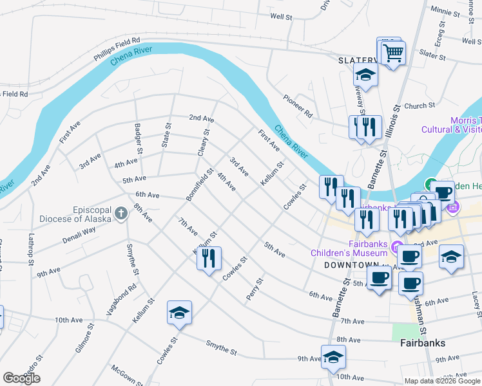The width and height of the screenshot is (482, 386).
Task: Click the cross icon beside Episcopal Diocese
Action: [x=120, y=213]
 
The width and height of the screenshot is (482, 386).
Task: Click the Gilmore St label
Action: [x=84, y=338]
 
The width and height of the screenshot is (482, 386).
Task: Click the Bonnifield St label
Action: [x=201, y=183]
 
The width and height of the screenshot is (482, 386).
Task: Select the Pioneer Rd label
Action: [x=297, y=107]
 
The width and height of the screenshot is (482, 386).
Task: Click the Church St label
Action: [x=420, y=106]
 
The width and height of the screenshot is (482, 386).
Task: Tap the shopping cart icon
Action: [x=393, y=51]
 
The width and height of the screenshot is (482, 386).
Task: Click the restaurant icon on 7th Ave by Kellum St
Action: [x=209, y=258]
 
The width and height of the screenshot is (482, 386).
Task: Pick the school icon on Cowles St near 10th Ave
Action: [x=179, y=312]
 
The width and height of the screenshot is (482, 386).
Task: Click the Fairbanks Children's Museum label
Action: [x=352, y=249]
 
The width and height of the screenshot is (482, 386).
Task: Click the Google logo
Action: [x=21, y=378]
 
